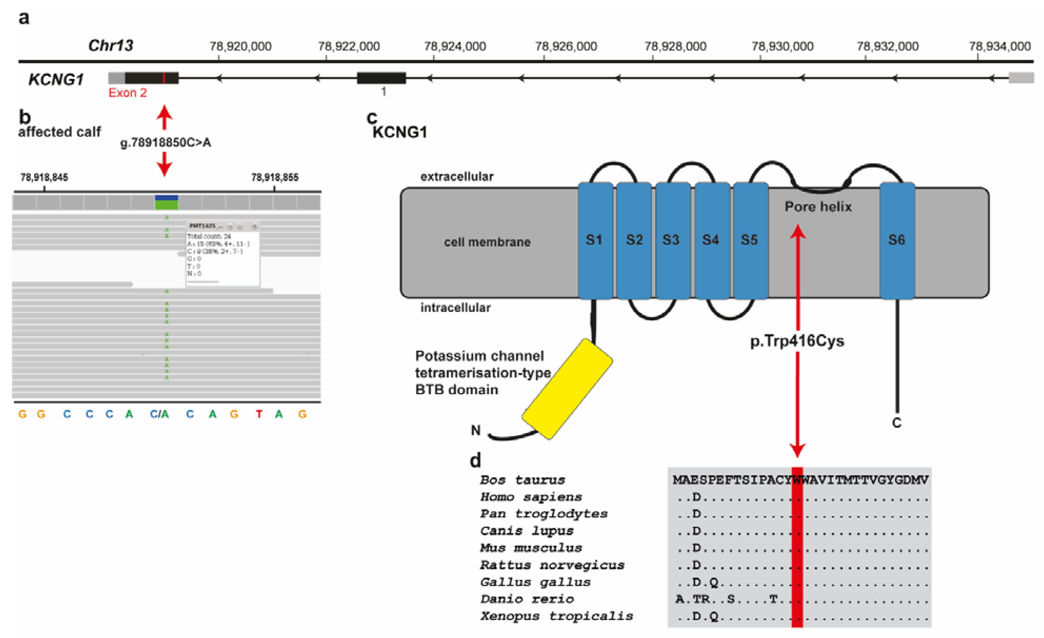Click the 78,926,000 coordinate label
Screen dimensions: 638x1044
click(566, 46)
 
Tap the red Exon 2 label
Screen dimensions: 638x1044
click(127, 93)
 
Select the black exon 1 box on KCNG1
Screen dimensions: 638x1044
click(381, 78)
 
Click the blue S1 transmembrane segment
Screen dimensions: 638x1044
click(595, 240)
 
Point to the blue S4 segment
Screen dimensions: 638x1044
click(711, 240)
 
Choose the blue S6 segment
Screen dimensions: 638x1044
click(897, 240)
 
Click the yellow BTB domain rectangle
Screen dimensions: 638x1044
click(567, 389)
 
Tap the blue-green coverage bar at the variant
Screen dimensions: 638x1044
click(166, 203)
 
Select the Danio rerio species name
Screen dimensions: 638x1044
click(527, 599)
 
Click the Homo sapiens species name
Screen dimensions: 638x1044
click(530, 497)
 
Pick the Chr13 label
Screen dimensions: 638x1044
click(111, 45)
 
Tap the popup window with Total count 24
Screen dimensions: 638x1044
click(223, 254)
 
